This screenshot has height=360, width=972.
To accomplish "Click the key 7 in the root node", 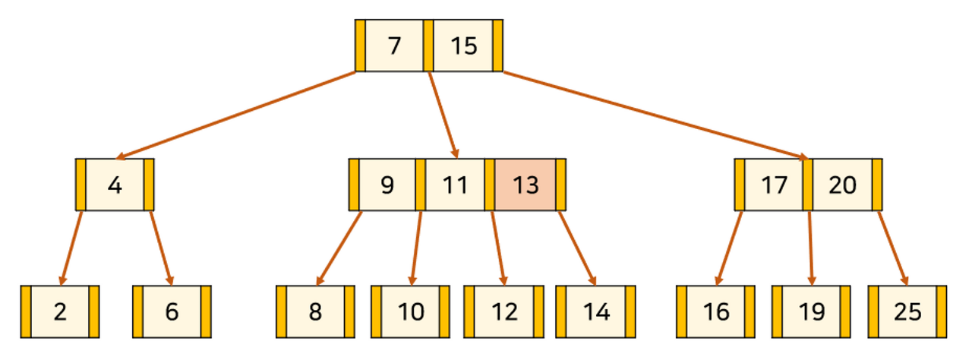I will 393,46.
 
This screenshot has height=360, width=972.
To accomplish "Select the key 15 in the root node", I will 463,46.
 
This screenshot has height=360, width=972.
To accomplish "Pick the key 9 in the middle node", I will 387,185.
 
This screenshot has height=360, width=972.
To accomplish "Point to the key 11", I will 454,185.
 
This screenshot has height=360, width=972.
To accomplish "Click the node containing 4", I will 115,185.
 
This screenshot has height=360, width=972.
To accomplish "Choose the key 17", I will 774,185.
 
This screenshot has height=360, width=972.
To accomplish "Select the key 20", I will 842,185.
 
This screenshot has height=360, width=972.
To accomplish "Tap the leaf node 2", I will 60,311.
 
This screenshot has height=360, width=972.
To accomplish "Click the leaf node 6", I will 172,311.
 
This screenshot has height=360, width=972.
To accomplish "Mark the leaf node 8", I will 315,311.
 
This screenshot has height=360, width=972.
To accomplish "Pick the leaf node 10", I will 410,311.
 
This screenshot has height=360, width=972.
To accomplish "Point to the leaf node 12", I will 503,311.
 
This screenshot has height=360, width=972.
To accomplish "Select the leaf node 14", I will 596,311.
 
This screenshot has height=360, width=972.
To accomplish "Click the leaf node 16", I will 715,311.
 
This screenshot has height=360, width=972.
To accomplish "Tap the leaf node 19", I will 811,311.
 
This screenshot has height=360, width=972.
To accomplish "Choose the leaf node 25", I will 907,311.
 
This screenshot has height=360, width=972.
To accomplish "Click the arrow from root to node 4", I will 235,115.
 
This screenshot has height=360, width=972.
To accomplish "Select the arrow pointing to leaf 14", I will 577,248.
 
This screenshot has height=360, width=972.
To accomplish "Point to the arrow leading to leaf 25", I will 892,248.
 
